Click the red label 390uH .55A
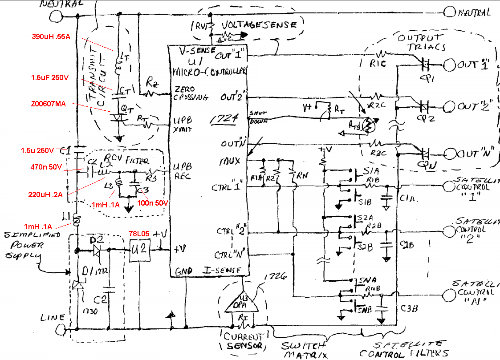coord(51,37)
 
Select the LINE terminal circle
coord(61,329)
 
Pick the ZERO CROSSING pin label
coord(191,93)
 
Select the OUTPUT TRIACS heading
coord(420,42)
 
